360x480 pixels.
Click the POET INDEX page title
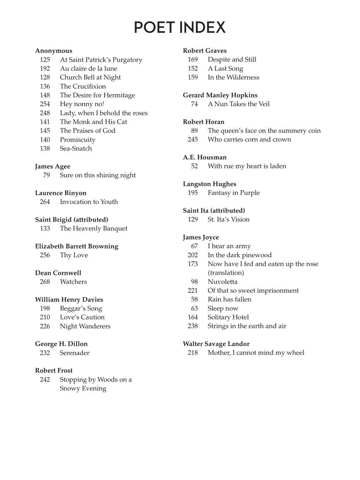pos(180,27)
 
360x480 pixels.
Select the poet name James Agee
pos(52,166)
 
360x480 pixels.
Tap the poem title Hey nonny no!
pos(82,104)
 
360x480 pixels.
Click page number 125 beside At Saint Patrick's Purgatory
pos(45,60)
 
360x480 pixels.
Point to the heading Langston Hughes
pos(209,184)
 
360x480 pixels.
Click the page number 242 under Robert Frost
pos(45,380)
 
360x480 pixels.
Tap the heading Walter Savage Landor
pos(216,344)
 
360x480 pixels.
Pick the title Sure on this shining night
pos(97,175)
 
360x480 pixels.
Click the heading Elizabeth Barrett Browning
pos(77,246)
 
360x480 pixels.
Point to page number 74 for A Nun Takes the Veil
pos(194,104)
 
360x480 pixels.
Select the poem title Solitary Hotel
pos(228,317)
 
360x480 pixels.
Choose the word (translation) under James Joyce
pos(226,272)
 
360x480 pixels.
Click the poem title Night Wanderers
pos(85,326)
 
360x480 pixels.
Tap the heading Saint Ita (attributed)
pos(214,210)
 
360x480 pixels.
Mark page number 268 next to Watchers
pos(45,282)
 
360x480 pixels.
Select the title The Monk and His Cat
pos(93,122)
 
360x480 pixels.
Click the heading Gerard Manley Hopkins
pos(220,95)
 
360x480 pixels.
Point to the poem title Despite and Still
pos(232,59)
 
